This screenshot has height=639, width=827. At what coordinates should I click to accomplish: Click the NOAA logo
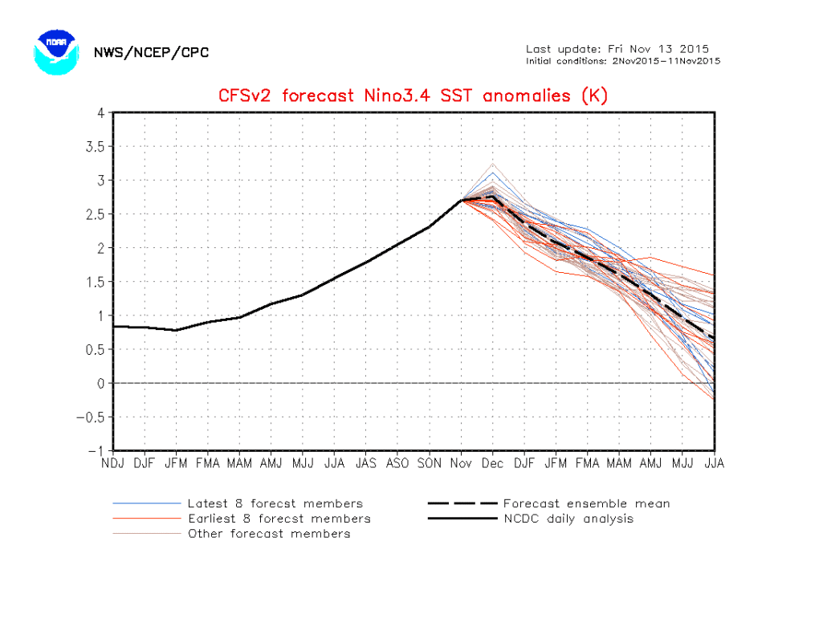pyautogui.click(x=56, y=52)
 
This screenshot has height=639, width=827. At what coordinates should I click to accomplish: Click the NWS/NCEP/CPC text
pyautogui.click(x=151, y=52)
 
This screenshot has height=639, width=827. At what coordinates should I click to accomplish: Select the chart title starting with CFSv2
pyautogui.click(x=413, y=96)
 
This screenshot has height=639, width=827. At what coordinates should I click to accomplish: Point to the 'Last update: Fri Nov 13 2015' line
pyautogui.click(x=617, y=49)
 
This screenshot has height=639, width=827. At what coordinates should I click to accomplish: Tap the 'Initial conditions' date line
pyautogui.click(x=623, y=61)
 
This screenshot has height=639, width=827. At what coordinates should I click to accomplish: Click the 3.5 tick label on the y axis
pyautogui.click(x=96, y=147)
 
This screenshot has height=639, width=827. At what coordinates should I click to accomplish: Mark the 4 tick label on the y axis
pyautogui.click(x=101, y=113)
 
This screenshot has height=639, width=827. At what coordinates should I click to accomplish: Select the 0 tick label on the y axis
pyautogui.click(x=101, y=383)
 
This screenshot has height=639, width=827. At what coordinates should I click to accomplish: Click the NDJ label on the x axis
pyautogui.click(x=113, y=463)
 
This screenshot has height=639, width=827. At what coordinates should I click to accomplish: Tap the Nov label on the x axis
pyautogui.click(x=461, y=463)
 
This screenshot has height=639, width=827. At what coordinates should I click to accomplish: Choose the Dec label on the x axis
pyautogui.click(x=492, y=463)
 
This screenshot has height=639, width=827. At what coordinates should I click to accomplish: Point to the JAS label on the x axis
pyautogui.click(x=366, y=463)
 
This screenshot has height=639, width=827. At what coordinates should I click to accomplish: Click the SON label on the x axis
pyautogui.click(x=430, y=463)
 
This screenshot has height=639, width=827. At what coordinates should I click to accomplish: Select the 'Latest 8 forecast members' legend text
pyautogui.click(x=275, y=503)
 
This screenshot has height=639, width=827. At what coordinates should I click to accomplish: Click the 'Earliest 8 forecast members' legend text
pyautogui.click(x=279, y=519)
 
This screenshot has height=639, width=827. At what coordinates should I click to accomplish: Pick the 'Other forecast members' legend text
pyautogui.click(x=269, y=534)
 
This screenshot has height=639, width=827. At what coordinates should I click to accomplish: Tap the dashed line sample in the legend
pyautogui.click(x=462, y=503)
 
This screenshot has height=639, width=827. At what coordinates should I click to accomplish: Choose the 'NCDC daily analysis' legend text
pyautogui.click(x=568, y=519)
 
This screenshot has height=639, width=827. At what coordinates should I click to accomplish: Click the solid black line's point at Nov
pyautogui.click(x=461, y=201)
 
